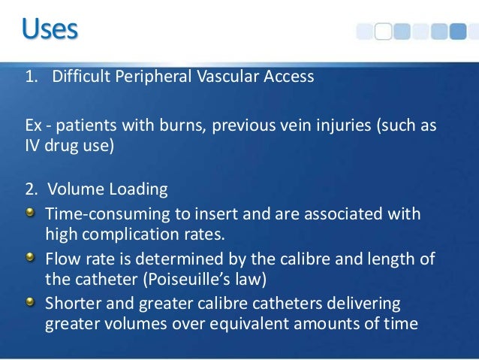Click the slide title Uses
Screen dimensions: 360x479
point(49,30)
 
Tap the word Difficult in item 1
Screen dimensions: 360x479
point(81,77)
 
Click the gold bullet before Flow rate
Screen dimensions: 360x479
point(30,259)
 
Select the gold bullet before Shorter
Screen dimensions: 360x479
point(30,304)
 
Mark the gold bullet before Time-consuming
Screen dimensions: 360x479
point(30,213)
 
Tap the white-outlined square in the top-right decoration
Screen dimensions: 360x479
point(383,31)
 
